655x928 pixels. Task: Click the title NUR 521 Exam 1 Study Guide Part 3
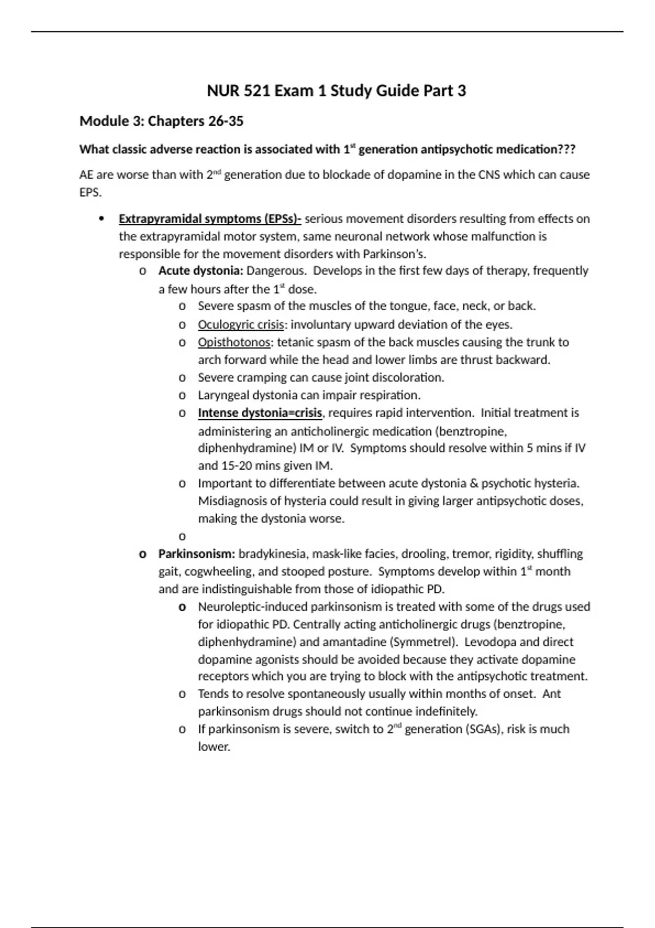coord(336,91)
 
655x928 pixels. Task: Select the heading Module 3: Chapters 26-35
coord(162,121)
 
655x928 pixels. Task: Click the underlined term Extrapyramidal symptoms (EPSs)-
coord(210,219)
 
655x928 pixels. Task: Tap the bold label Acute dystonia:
coord(200,271)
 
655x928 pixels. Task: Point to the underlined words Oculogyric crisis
coord(241,325)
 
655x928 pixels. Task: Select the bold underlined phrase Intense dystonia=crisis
coord(260,413)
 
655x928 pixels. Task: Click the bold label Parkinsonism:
coord(196,554)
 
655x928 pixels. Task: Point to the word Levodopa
coord(487,641)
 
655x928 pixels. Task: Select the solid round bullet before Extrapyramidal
coord(101,219)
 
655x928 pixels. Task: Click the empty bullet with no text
coord(182,536)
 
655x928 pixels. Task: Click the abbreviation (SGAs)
coord(483,729)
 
